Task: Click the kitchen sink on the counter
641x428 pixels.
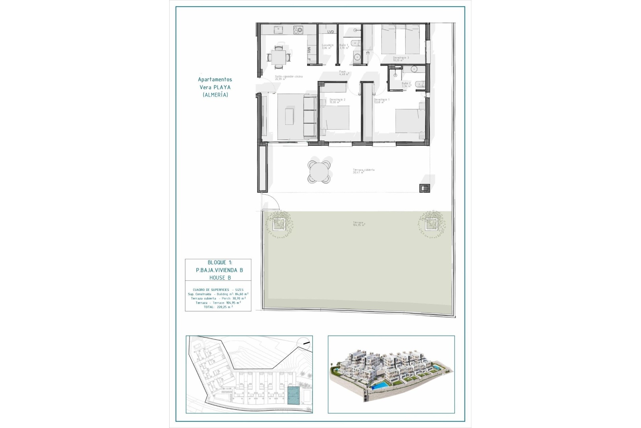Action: (278, 30)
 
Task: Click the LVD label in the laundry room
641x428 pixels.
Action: (331, 32)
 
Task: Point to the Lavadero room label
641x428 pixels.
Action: (327, 45)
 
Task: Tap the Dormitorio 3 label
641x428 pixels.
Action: (401, 58)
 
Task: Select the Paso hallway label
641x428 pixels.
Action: (342, 72)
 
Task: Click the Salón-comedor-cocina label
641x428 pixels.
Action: (289, 77)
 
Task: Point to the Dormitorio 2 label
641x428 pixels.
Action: (337, 100)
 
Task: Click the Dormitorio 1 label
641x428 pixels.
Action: (382, 100)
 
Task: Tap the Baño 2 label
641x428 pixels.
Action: (406, 84)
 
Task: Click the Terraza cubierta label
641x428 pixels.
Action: (364, 170)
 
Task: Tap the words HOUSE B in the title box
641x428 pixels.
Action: (220, 278)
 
